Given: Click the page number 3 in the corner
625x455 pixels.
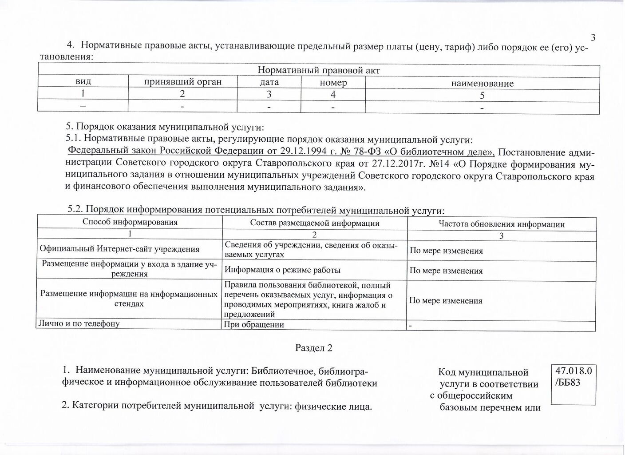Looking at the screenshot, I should pyautogui.click(x=593, y=38).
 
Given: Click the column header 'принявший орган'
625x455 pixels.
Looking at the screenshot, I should pyautogui.click(x=182, y=82).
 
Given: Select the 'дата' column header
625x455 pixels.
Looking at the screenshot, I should pyautogui.click(x=269, y=82).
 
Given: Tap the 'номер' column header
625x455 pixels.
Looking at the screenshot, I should pyautogui.click(x=333, y=83).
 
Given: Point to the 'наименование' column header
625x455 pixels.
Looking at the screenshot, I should pyautogui.click(x=482, y=84).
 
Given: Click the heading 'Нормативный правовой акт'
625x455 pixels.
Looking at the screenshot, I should pyautogui.click(x=319, y=70).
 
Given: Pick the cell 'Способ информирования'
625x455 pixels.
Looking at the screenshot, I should pyautogui.click(x=130, y=222).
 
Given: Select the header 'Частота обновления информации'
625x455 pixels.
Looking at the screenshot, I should pyautogui.click(x=502, y=224).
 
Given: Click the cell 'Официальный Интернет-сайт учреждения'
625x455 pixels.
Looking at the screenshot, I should pyautogui.click(x=119, y=250).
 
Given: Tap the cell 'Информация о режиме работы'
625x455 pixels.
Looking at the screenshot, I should pyautogui.click(x=283, y=270).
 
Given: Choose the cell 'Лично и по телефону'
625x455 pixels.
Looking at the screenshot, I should pyautogui.click(x=79, y=323).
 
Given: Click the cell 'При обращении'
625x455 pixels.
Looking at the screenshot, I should pyautogui.click(x=254, y=324).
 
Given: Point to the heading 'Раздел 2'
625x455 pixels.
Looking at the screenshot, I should pyautogui.click(x=314, y=348).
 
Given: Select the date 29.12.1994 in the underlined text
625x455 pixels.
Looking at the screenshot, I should pyautogui.click(x=302, y=152).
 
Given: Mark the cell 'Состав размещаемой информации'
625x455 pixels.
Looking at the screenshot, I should pyautogui.click(x=315, y=223).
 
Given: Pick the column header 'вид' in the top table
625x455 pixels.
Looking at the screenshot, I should pyautogui.click(x=83, y=81).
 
